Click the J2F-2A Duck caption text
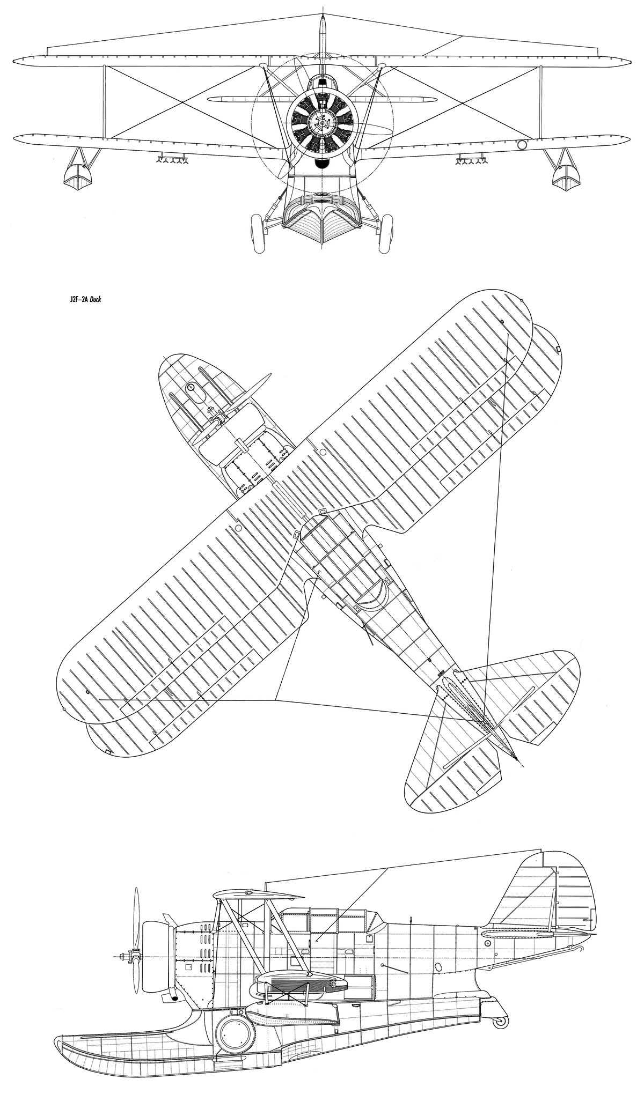pos(82,301)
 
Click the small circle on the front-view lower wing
pos(521,144)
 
